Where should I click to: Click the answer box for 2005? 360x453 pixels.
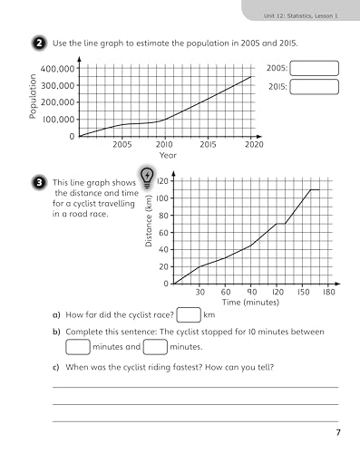[x=315, y=69]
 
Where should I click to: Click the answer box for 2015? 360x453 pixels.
[x=315, y=87]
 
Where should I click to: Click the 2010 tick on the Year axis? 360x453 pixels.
[x=165, y=144]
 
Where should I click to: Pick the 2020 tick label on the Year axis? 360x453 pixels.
[x=253, y=144]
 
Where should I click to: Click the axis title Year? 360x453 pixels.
[x=168, y=155]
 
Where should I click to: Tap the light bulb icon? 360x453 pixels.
[x=146, y=176]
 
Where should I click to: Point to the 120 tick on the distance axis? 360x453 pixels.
[x=162, y=181]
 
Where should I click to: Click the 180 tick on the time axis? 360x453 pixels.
[x=329, y=293]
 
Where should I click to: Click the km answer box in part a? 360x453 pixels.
[x=189, y=315]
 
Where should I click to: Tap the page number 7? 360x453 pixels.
[x=336, y=431]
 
